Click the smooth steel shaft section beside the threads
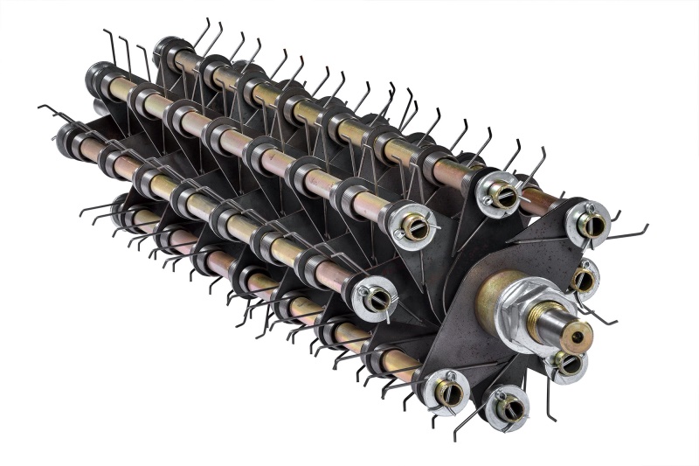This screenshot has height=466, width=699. click(564, 330)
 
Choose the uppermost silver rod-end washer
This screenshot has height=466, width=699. click(500, 194)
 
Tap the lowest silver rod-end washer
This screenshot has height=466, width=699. click(506, 407)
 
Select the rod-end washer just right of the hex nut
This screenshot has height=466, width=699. click(583, 279)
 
